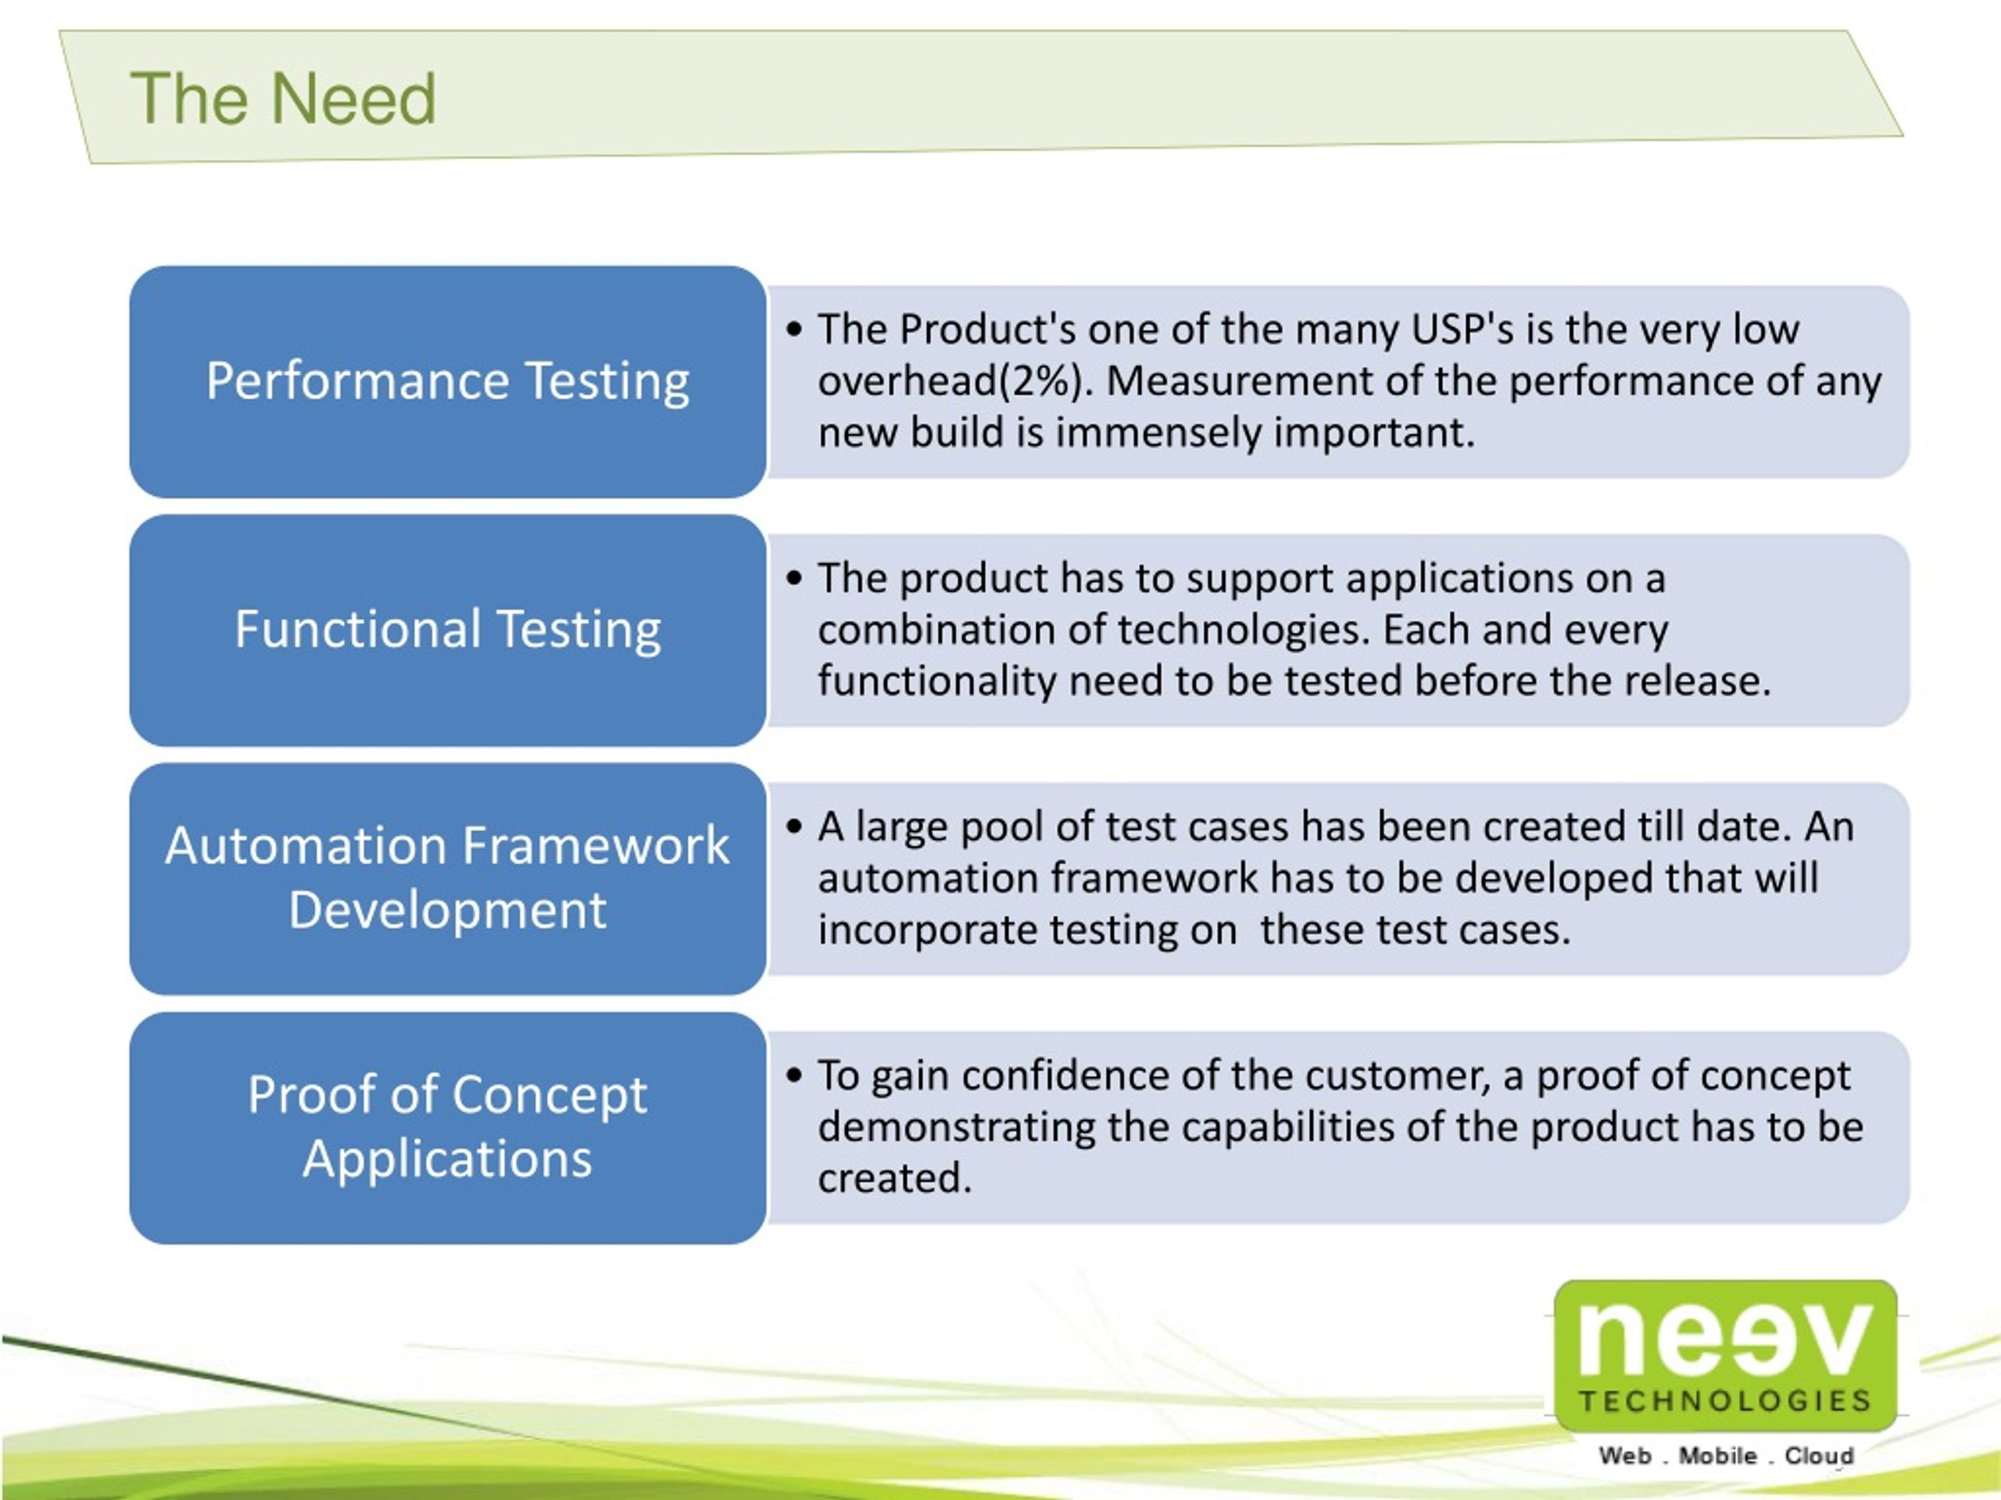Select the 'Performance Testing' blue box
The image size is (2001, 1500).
448,380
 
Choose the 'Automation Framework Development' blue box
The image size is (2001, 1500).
448,878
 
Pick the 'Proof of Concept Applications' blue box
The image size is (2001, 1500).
448,1127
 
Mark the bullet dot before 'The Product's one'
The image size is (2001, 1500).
794,330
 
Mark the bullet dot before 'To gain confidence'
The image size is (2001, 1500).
794,1076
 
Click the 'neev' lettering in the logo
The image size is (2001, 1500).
1724,1340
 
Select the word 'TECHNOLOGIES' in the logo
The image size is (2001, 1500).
1724,1402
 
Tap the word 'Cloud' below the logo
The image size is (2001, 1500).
1819,1456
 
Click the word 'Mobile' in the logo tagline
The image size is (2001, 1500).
1718,1456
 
